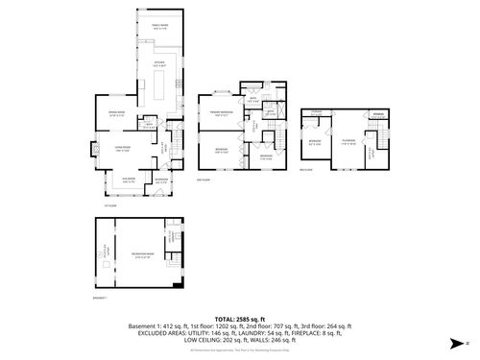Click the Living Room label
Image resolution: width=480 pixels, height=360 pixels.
[x=124, y=148]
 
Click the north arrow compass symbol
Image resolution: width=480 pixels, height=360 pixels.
[x=453, y=340]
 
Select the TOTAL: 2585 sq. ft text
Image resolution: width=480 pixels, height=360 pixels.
[x=239, y=318]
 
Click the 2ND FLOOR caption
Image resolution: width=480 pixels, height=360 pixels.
[x=202, y=180]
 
